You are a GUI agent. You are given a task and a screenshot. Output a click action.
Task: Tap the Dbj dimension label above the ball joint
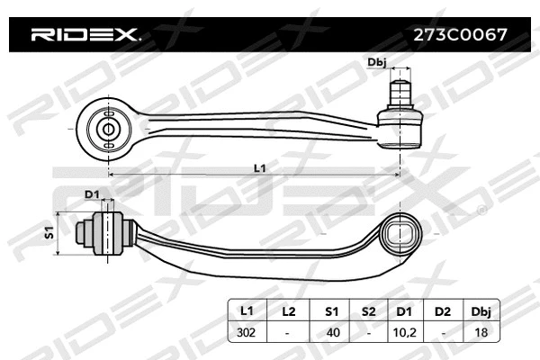(x=378, y=62)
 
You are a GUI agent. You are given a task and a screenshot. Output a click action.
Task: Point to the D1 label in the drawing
(x=92, y=193)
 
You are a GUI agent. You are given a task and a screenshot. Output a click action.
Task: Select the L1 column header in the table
(x=246, y=311)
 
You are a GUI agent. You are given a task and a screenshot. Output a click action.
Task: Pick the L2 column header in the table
(x=288, y=311)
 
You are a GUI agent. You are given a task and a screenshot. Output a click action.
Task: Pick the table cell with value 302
(x=246, y=332)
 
